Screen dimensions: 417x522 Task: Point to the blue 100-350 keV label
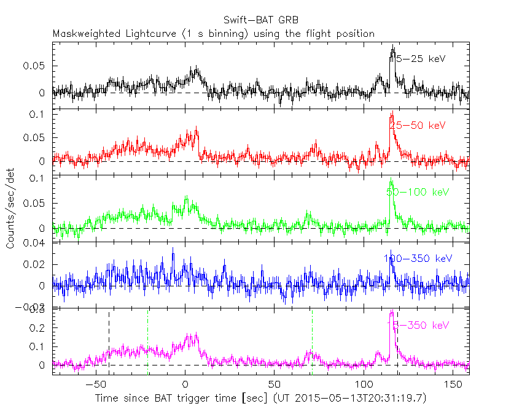pos(418,259)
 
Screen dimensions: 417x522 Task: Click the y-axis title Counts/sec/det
pos(10,209)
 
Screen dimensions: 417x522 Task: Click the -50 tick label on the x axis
pos(93,384)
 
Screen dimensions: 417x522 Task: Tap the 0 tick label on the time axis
pos(185,384)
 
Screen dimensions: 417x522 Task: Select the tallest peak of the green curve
pos(390,180)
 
